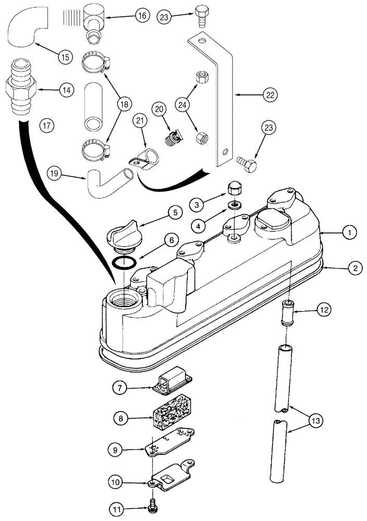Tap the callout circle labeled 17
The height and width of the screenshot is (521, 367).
click(46, 125)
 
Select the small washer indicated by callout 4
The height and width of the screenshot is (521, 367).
click(234, 204)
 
